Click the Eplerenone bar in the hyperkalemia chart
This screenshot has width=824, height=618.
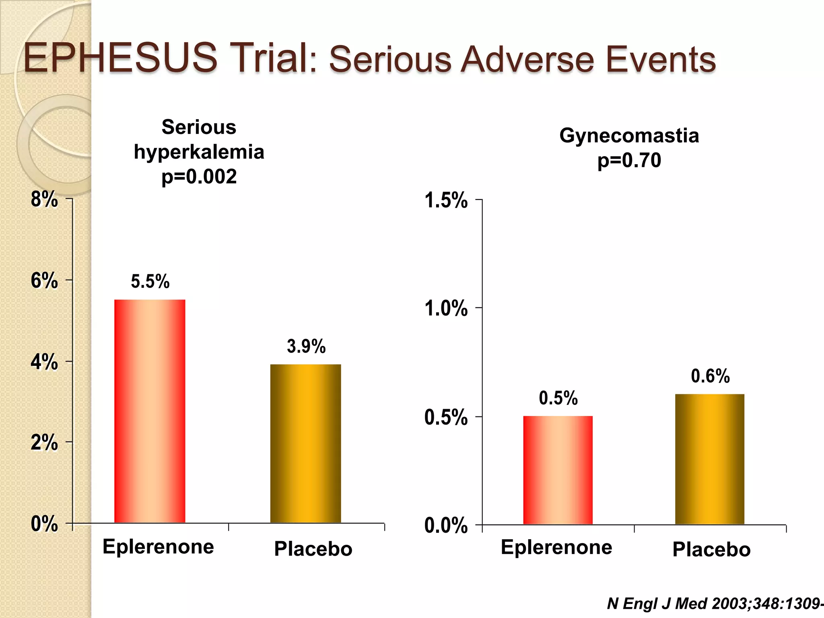(x=150, y=411)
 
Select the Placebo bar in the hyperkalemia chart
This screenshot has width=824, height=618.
(x=305, y=443)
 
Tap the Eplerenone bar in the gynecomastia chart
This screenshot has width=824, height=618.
(x=558, y=470)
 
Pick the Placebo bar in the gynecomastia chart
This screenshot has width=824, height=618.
(x=709, y=459)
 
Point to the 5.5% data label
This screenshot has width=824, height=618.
(x=150, y=281)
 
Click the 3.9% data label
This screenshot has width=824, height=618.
(x=306, y=346)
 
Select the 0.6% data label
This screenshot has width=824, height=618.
(x=710, y=376)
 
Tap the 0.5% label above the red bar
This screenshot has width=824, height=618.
(x=558, y=398)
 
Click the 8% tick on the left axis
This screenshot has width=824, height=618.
(x=44, y=199)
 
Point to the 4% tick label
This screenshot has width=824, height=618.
(x=44, y=362)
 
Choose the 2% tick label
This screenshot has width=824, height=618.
(x=44, y=443)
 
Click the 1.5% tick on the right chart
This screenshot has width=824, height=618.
(x=446, y=200)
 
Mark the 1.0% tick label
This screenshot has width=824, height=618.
(x=446, y=309)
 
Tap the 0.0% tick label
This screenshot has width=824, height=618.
(x=446, y=525)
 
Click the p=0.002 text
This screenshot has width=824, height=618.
(x=199, y=177)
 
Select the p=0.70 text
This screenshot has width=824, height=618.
(x=629, y=160)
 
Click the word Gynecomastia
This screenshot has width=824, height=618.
(x=629, y=136)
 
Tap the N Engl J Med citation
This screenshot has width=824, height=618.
(x=714, y=604)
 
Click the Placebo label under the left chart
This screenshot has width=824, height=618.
(x=313, y=549)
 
